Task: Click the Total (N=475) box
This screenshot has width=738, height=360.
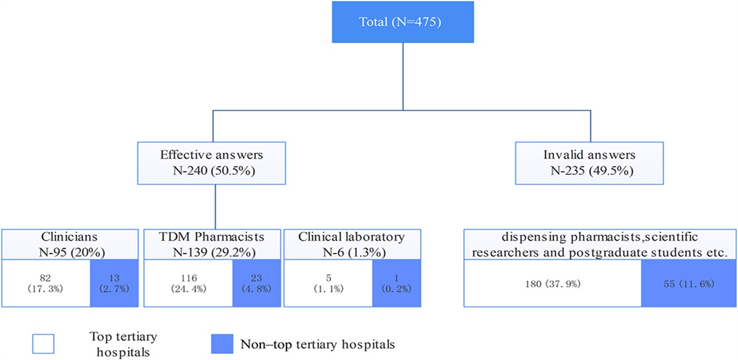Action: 402,23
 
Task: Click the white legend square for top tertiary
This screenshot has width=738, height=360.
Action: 44,343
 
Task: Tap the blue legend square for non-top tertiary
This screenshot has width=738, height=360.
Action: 218,343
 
